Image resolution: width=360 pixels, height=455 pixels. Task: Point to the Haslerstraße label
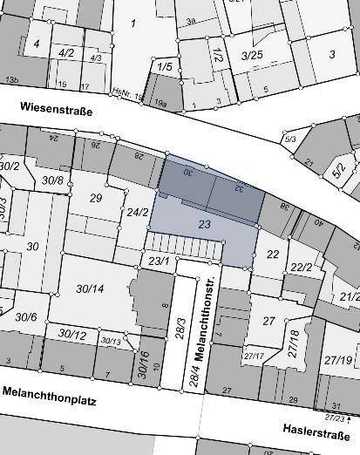316,432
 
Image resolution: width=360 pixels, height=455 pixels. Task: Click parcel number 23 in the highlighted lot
205,225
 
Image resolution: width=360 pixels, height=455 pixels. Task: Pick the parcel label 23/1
157,260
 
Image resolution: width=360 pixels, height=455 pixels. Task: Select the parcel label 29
96,199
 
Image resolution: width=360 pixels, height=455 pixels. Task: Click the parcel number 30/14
90,289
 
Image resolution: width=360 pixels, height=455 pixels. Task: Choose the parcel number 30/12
72,334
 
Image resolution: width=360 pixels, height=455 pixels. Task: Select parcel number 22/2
302,268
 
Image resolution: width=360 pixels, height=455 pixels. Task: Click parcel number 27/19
338,359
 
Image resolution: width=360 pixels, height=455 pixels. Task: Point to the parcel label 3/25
251,55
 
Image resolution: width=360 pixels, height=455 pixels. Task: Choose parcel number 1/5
165,66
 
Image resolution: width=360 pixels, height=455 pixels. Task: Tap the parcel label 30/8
52,180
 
